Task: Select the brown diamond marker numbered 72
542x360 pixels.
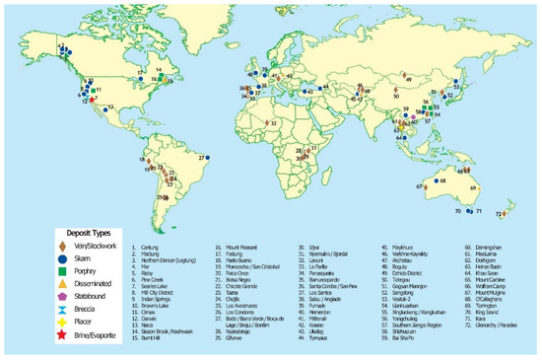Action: tap(507, 212)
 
